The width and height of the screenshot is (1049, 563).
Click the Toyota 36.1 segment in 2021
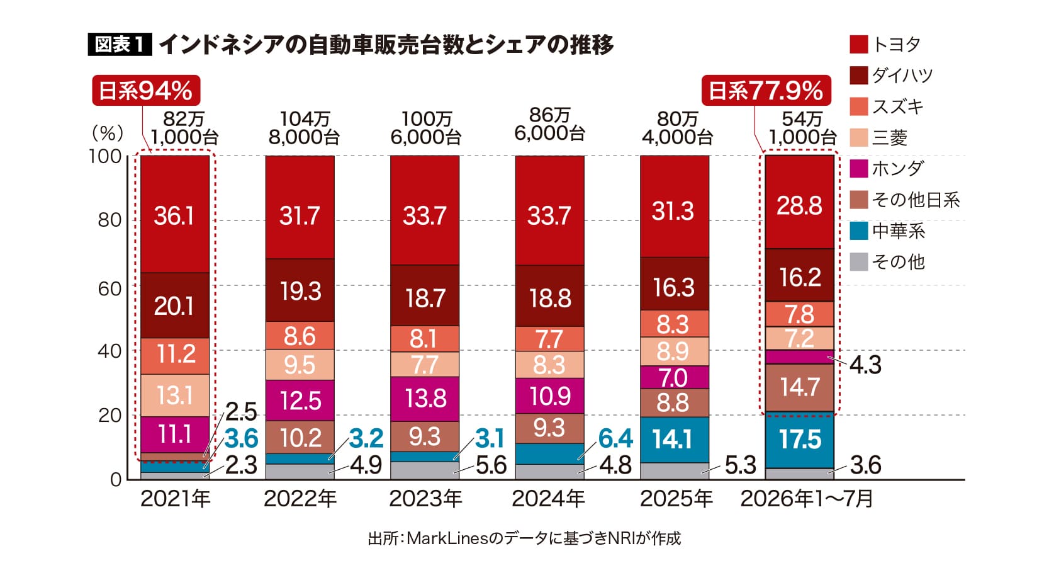pos(175,214)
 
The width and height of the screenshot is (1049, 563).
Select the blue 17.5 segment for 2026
pos(799,440)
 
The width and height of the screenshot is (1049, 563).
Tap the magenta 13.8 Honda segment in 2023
pos(425,399)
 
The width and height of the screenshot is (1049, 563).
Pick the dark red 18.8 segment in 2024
pos(550,296)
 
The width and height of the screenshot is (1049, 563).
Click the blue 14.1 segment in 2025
pos(675,440)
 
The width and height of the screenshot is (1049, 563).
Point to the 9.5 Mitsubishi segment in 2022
pos(300,365)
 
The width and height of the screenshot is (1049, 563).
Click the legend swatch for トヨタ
pos(859,45)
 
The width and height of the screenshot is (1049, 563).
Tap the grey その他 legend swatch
pos(859,261)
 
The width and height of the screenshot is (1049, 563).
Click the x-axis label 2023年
pos(425,499)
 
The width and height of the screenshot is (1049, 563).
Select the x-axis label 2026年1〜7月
pos(807,499)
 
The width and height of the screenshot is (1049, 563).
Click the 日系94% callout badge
pos(146,91)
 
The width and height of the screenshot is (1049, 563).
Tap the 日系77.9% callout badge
pos(766,91)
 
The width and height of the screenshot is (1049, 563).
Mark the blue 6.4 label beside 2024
pos(616,439)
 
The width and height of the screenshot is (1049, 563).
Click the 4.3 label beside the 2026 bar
pos(866,365)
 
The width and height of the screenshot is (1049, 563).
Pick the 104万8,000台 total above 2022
pos(304,128)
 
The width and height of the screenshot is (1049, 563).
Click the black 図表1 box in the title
pos(120,45)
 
